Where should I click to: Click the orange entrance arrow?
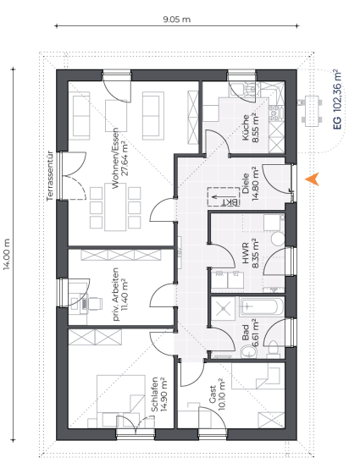click(x=313, y=179)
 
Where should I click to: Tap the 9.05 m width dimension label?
click(x=177, y=19)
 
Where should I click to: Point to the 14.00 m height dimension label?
click(x=7, y=254)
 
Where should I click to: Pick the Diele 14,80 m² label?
click(x=250, y=184)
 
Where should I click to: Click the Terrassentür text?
click(x=50, y=176)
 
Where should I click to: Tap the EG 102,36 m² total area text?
click(x=337, y=100)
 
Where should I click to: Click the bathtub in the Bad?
click(x=262, y=306)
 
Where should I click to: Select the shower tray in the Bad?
click(x=223, y=308)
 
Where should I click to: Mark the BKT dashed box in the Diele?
click(x=224, y=196)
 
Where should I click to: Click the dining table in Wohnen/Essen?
click(x=115, y=207)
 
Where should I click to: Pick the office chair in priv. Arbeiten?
click(x=92, y=304)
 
